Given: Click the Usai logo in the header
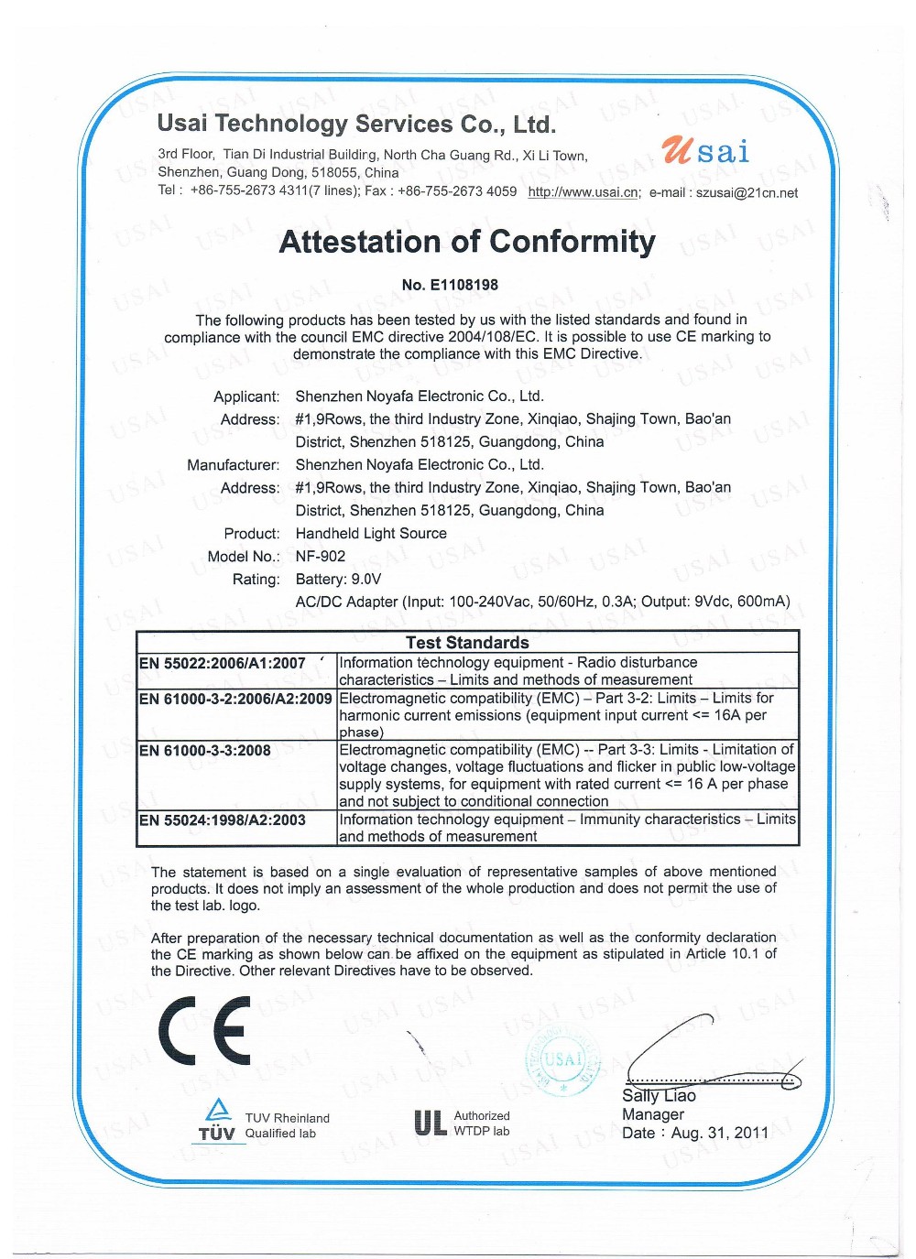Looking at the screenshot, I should pos(704,151).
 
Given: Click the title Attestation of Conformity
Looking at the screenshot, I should pos(467,242).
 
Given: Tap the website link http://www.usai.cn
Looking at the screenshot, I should pos(583,192).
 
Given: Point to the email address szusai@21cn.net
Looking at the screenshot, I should pos(747,193).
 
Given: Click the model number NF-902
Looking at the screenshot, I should pos(321,557).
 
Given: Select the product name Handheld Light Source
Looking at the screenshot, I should pos(371,534).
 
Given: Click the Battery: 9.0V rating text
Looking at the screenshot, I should pos(338,580).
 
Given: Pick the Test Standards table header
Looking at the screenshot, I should pos(467,643).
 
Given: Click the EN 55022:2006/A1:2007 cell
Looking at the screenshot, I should pos(223,664).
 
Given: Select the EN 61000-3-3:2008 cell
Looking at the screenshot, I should pos(205,751).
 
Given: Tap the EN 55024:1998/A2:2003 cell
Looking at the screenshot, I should pos(223,820).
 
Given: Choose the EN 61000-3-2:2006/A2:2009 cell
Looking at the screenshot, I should pos(235,699).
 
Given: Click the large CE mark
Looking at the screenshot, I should pos(204,1031).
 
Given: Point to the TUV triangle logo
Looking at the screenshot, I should pos(218,1110).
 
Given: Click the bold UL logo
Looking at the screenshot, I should pos(429,1123).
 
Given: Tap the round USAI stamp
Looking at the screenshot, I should pos(562,1061).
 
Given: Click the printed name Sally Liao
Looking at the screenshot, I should pos(659,1096).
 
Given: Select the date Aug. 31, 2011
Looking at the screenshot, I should pos(720,1134).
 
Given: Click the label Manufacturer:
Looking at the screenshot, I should pos(234,465).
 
